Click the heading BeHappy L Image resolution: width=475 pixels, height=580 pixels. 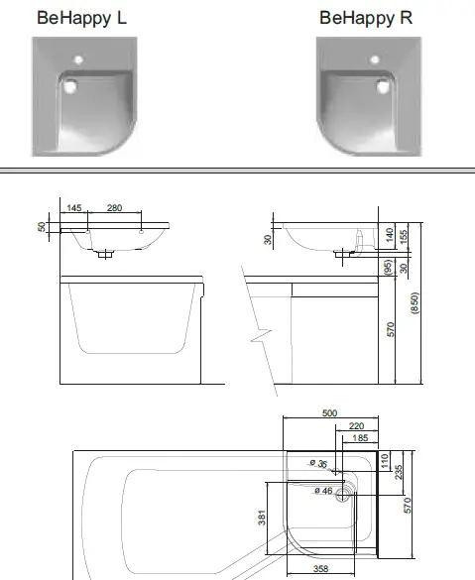click(81, 17)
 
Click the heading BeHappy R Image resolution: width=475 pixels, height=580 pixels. click(366, 17)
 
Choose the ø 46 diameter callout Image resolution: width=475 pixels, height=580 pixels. click(322, 492)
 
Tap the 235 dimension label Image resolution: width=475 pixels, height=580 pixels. click(397, 472)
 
